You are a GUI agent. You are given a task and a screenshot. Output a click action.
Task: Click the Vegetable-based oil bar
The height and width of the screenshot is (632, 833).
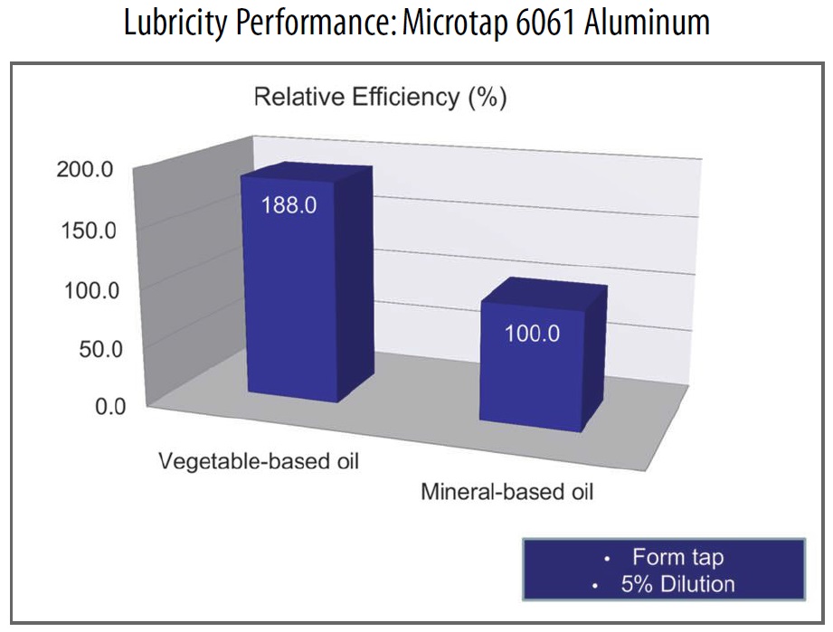[x=308, y=284]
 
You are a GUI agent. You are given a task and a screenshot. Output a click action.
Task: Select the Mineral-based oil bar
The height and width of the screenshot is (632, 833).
[x=542, y=354]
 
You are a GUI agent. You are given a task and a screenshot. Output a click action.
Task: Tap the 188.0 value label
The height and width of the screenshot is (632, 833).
[x=289, y=205]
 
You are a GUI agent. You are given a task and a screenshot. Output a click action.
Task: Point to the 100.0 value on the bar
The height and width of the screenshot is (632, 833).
[x=532, y=334]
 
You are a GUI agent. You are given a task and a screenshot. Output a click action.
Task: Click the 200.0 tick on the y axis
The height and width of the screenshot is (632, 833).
[x=85, y=169]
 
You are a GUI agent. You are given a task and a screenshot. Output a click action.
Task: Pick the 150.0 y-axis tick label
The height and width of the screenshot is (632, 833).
[x=89, y=231]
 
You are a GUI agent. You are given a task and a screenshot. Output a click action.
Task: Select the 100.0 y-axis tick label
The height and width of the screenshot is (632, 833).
[x=91, y=290]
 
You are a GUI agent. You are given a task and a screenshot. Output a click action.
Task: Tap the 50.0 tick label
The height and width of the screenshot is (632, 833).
[x=100, y=349]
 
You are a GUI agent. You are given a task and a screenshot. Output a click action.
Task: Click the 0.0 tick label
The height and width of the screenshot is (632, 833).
[x=110, y=406]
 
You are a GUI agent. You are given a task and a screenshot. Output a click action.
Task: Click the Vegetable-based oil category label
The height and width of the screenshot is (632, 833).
[x=259, y=461]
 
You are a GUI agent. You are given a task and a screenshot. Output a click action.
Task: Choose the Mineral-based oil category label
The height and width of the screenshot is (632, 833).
[x=506, y=492]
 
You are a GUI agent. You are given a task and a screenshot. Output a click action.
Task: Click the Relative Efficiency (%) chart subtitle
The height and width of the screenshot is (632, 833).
[x=381, y=97]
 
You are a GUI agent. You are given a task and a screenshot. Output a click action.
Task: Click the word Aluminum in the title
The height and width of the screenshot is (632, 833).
[x=647, y=23]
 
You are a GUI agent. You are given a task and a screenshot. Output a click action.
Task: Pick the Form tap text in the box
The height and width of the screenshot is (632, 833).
[x=677, y=557]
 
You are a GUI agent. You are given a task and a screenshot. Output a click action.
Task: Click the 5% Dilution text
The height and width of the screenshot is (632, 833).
[x=677, y=584]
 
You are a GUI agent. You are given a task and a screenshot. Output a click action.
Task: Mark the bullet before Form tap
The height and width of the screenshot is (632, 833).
[x=607, y=560]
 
